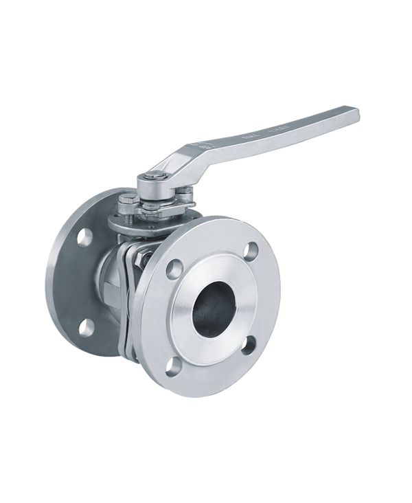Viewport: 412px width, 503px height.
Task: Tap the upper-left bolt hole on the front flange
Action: (x=175, y=266)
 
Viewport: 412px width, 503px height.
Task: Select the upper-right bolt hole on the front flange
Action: (x=251, y=251)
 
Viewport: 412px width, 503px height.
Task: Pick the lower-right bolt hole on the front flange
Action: (x=251, y=344)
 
